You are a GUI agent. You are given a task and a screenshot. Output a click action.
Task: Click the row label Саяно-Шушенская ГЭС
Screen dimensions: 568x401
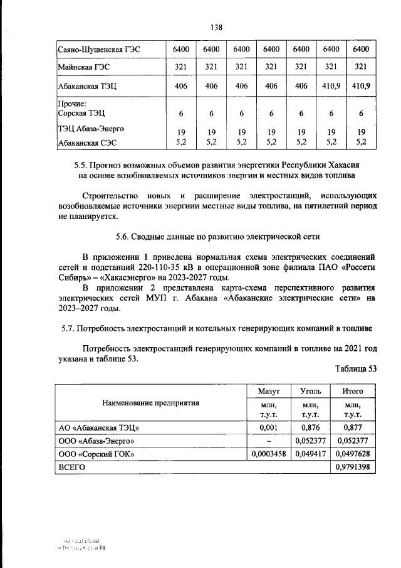tap(95, 49)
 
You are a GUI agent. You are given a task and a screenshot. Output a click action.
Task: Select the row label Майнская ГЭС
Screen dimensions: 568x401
tap(83, 67)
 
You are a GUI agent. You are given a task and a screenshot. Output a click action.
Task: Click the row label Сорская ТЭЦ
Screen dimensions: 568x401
tap(81, 114)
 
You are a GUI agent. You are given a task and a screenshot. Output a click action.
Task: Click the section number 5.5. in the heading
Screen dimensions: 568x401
tap(83, 165)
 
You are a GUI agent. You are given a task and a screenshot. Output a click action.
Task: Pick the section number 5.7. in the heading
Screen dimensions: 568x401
tap(70, 328)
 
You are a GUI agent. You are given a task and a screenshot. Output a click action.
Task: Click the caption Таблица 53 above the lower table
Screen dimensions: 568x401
tap(356, 368)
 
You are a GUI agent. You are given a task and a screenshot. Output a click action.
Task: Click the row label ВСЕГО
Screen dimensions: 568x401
tap(71, 467)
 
